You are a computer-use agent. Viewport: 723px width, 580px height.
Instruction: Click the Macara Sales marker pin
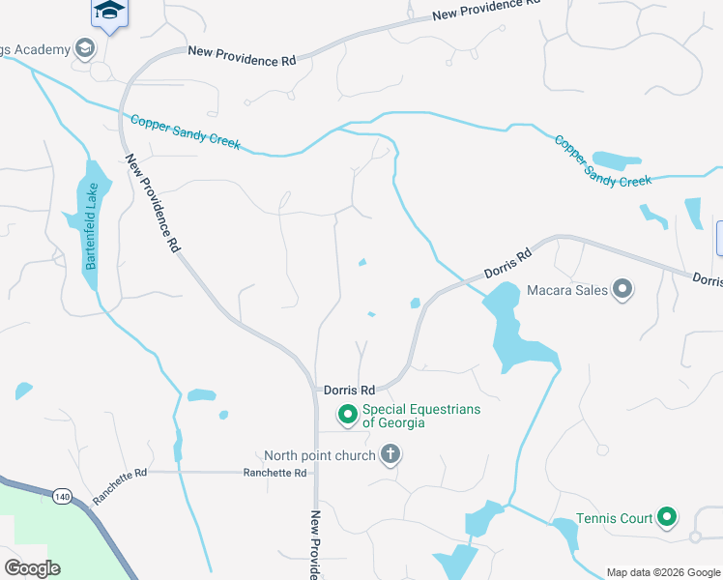[x=622, y=289]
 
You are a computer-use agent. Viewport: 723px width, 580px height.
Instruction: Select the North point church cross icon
[x=390, y=453]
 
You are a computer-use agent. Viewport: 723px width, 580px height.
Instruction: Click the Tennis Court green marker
[x=667, y=518]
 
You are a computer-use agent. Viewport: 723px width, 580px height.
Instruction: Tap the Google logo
[x=32, y=568]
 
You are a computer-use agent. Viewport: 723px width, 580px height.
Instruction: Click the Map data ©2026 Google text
[x=662, y=572]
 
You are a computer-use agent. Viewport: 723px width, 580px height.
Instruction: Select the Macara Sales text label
[x=566, y=290]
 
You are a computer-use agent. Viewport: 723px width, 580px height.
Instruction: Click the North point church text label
[x=320, y=455]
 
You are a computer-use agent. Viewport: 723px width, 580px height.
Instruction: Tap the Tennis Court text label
[x=615, y=519]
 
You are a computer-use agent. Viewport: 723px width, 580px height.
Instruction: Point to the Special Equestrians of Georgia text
[x=420, y=416]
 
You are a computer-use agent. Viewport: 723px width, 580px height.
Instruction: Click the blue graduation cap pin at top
[x=109, y=13]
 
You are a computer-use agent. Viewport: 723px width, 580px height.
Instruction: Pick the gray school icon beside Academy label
[x=84, y=48]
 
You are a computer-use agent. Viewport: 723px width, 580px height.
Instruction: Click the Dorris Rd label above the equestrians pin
[x=349, y=391]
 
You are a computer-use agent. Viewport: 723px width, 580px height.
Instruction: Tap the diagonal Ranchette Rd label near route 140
[x=119, y=486]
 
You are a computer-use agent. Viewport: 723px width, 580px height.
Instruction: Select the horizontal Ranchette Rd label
[x=275, y=473]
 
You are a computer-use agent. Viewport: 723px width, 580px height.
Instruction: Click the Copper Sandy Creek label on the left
[x=185, y=131]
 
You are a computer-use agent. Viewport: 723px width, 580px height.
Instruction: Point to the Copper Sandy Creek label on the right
[x=603, y=160]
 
